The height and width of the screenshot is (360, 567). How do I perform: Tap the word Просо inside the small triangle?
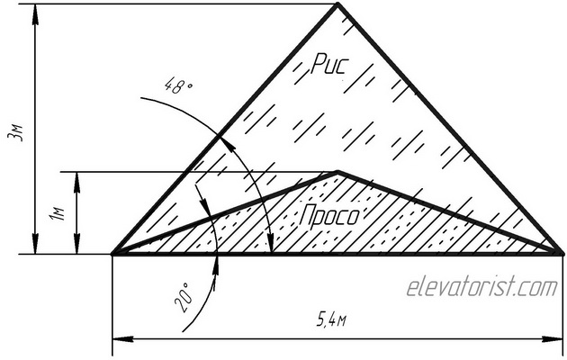pos(329,217)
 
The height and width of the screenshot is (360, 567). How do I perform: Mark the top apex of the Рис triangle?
pos(337,4)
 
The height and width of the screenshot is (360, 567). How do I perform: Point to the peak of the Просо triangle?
pos(337,172)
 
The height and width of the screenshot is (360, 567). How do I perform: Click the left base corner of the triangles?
pos(112,255)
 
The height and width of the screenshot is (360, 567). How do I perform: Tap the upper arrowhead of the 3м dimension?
pos(35,11)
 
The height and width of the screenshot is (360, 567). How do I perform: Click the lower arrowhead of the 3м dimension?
pos(35,247)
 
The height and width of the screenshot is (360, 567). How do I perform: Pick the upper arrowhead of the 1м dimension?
pos(79,178)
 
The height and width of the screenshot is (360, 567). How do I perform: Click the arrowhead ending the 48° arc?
pos(270,248)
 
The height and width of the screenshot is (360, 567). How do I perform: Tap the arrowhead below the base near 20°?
pos(218,261)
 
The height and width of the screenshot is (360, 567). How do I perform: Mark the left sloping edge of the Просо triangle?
pos(225,213)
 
